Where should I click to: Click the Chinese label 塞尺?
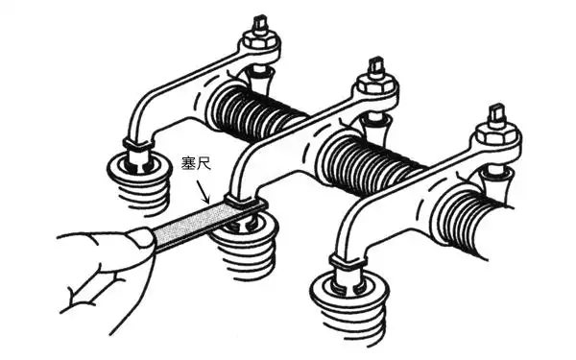(x=197, y=163)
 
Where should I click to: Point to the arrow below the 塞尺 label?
(x=203, y=191)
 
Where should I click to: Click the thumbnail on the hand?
(x=140, y=237)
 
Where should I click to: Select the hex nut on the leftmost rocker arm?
(x=260, y=40)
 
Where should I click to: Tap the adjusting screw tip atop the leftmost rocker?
(x=260, y=22)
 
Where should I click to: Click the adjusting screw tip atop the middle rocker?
(x=376, y=64)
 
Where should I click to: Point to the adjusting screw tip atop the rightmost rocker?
(x=495, y=111)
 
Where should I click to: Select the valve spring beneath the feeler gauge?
(x=246, y=247)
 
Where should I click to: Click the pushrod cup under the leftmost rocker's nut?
(x=261, y=79)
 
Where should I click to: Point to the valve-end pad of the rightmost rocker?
(x=347, y=263)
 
